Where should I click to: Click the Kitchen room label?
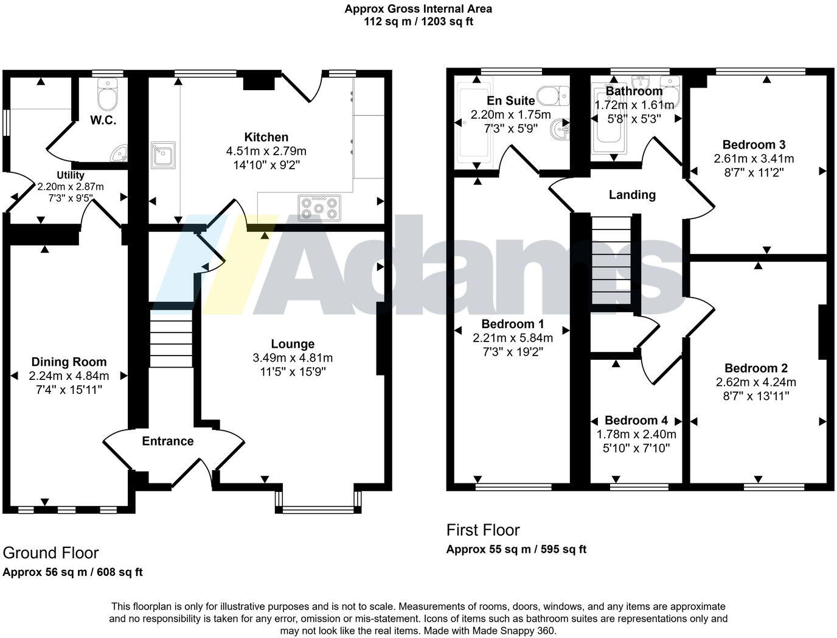click(266, 137)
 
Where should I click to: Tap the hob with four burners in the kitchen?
click(319, 208)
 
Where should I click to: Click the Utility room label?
click(71, 175)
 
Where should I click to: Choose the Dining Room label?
click(69, 362)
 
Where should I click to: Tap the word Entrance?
click(168, 441)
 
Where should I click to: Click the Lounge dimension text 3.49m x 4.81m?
click(293, 358)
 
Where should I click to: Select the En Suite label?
click(511, 100)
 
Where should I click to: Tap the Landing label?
click(632, 195)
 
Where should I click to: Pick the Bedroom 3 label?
click(754, 144)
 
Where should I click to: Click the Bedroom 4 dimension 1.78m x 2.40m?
click(636, 434)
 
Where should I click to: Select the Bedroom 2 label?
click(756, 368)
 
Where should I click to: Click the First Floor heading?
click(483, 530)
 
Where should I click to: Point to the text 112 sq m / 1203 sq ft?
click(418, 21)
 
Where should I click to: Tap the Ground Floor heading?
click(50, 553)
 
